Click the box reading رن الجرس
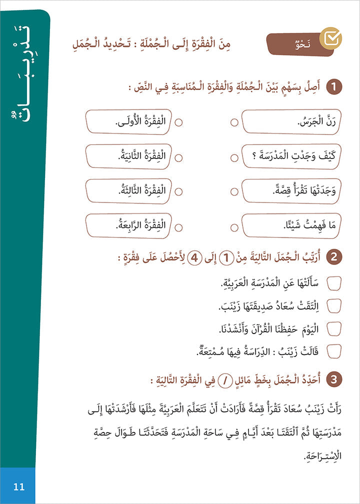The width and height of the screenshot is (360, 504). pyautogui.click(x=290, y=122)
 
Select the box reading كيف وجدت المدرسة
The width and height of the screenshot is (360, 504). pyautogui.click(x=290, y=157)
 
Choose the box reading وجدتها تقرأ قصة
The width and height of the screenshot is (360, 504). pyautogui.click(x=290, y=191)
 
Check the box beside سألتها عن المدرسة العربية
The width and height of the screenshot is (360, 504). pyautogui.click(x=333, y=282)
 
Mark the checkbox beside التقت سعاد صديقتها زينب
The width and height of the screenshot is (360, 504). pyautogui.click(x=333, y=305)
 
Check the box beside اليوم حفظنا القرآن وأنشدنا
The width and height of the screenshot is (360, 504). pyautogui.click(x=333, y=328)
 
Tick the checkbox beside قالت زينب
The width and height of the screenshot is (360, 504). pyautogui.click(x=333, y=351)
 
